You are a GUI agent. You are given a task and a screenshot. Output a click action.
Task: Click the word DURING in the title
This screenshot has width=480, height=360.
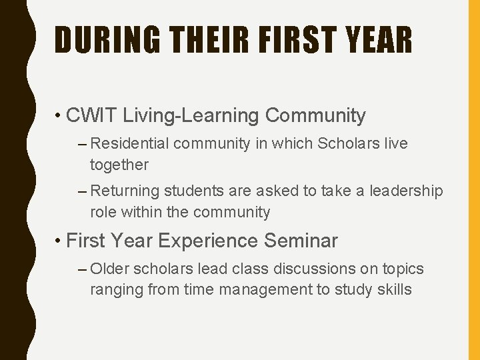(x=107, y=40)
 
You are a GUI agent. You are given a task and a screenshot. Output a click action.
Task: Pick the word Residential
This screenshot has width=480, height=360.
(x=131, y=143)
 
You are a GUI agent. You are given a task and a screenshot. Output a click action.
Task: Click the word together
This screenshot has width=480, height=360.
(x=119, y=165)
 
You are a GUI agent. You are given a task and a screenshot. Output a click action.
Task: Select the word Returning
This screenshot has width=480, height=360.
(x=125, y=191)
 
